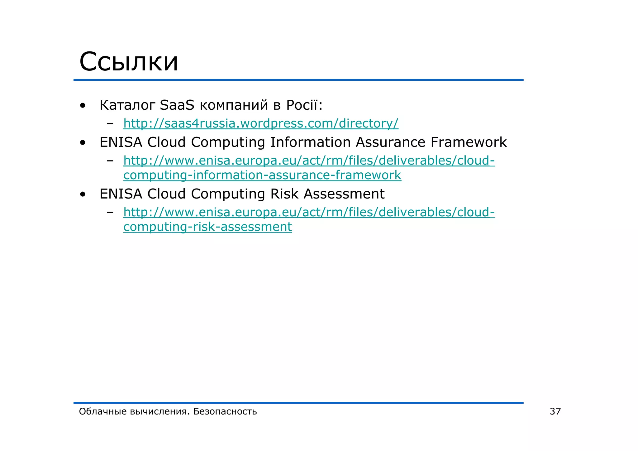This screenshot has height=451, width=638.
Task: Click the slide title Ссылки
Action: [x=129, y=62]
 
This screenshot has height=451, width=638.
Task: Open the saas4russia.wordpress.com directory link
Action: [x=261, y=123]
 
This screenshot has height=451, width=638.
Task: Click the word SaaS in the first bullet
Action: [x=177, y=105]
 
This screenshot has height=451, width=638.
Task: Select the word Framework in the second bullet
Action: [x=469, y=142]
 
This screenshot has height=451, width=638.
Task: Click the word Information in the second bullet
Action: [x=310, y=142]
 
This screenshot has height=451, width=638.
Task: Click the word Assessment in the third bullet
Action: [x=344, y=194]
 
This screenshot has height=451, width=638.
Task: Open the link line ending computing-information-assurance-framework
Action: [x=262, y=175]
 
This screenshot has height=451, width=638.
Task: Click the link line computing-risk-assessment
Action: [x=207, y=227]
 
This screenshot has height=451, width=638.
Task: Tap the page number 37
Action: [x=555, y=411]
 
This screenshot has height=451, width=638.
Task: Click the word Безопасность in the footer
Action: [x=225, y=411]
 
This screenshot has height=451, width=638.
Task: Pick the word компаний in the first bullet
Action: [x=234, y=105]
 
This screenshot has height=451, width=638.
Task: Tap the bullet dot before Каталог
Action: [x=83, y=106]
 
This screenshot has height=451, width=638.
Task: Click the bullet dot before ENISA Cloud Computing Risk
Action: [x=83, y=194]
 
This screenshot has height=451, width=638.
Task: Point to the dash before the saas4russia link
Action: [x=110, y=124]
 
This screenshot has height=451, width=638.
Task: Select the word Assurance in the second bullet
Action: [x=390, y=142]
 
